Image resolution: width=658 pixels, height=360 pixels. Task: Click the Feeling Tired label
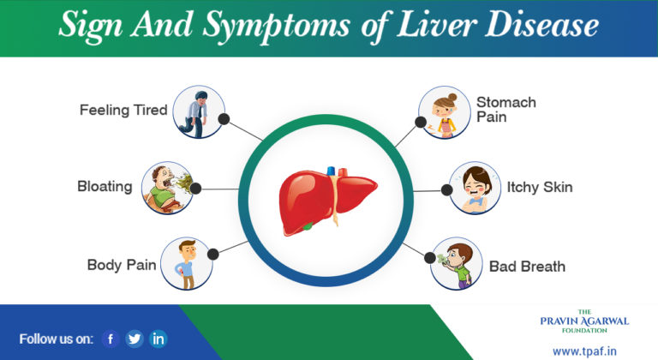coord(123,110)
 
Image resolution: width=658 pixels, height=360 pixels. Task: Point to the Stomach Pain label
coord(506,109)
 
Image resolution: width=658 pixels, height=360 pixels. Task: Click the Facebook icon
coord(110,338)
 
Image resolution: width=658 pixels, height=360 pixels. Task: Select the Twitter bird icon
coord(135,338)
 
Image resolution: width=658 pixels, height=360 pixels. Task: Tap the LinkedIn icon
coord(159,338)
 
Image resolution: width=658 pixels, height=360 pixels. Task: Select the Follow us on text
coord(56,339)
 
